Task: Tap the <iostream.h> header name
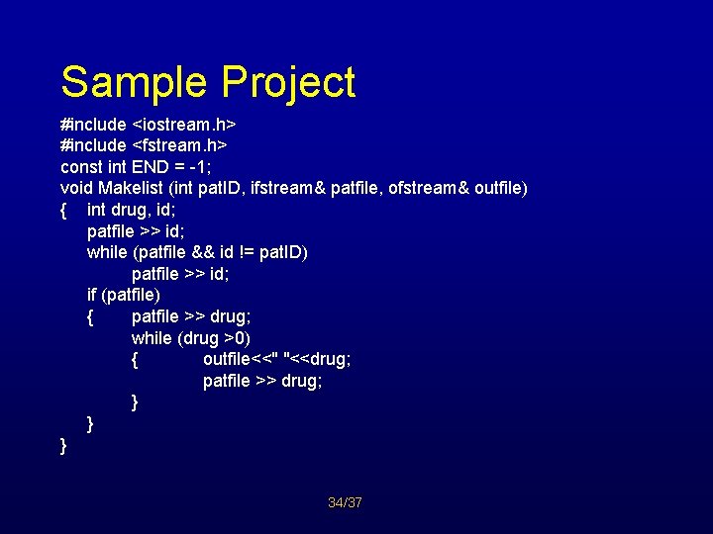(x=183, y=126)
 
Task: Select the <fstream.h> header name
(x=181, y=146)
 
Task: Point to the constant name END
(x=152, y=167)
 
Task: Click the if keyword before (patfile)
(x=92, y=295)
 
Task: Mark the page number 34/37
(x=346, y=503)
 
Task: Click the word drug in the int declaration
(x=128, y=210)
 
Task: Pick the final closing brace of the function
(x=63, y=446)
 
